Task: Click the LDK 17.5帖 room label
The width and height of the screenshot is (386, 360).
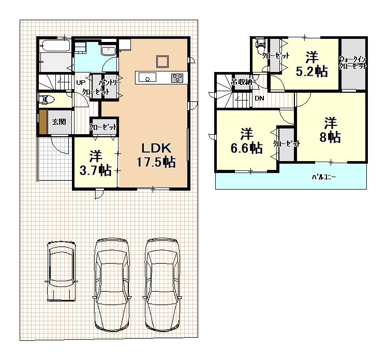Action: tap(156, 155)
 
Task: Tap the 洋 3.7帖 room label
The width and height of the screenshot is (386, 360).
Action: tap(96, 163)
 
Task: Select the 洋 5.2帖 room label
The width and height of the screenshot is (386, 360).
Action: tap(311, 64)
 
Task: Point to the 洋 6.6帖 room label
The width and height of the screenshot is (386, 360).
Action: tap(246, 141)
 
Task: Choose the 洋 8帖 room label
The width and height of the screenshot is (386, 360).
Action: tap(330, 131)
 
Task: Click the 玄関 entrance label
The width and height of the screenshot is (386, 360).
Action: tap(59, 122)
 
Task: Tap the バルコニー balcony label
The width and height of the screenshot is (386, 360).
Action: tap(324, 177)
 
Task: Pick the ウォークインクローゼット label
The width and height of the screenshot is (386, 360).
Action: tap(353, 63)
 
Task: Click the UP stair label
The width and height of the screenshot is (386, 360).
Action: tap(81, 82)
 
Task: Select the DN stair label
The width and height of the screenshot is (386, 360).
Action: tap(259, 98)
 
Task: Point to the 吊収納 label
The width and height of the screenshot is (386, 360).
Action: tap(242, 82)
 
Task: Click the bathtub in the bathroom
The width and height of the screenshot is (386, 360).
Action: tap(56, 46)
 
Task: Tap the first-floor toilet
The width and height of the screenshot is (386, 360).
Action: tap(46, 99)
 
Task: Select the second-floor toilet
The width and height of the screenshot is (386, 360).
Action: tap(260, 46)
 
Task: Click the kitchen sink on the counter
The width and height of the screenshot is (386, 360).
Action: tap(147, 77)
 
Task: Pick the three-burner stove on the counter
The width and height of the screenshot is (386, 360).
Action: tap(177, 78)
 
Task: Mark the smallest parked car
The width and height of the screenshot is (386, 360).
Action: tap(61, 271)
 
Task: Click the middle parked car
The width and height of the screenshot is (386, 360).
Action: tap(112, 284)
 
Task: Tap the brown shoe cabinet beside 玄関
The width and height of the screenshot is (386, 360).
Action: tap(43, 122)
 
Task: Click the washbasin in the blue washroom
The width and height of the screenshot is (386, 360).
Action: tap(108, 51)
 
